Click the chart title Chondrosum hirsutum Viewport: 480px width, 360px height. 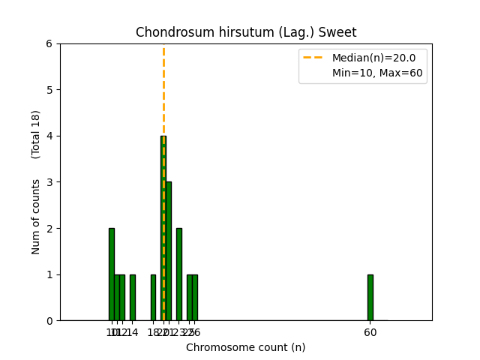246,32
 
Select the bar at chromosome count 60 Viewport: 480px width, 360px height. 370,297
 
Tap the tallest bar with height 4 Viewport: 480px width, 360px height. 163,228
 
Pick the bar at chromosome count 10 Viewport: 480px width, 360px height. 111,274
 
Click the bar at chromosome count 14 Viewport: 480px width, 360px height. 132,297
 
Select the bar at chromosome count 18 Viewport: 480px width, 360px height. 153,297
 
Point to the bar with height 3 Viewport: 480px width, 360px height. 168,251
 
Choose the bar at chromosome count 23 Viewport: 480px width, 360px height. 178,274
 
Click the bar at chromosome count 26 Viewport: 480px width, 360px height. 194,297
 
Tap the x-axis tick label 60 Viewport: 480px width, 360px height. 370,332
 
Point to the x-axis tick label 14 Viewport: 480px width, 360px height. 132,332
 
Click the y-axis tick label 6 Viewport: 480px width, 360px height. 49,43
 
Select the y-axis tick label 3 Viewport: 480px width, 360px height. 49,182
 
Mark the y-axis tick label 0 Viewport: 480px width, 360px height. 49,321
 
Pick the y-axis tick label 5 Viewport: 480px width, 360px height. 49,90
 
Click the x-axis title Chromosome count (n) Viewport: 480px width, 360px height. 246,347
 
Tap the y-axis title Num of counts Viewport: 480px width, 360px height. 36,217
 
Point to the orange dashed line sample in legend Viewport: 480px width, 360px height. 315,58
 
